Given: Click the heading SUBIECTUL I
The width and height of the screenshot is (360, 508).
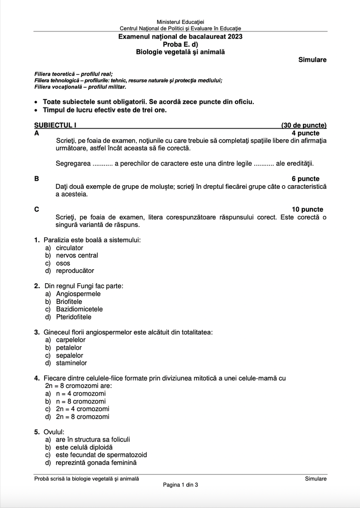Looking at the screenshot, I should (x=54, y=126).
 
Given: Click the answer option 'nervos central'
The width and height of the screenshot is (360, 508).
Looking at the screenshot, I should (x=77, y=255).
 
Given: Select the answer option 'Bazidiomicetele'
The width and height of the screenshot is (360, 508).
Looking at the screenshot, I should (x=79, y=309).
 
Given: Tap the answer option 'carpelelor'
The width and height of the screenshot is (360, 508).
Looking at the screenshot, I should (x=71, y=340).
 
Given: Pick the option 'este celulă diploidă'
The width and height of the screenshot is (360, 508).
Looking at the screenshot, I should (x=84, y=447).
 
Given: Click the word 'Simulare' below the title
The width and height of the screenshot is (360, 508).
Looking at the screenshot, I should (x=312, y=60).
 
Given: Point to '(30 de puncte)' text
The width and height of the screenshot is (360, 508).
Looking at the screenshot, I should (x=304, y=126).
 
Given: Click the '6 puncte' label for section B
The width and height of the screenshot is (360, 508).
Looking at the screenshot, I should (x=306, y=178).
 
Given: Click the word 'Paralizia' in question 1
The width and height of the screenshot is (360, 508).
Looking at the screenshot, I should (x=58, y=240).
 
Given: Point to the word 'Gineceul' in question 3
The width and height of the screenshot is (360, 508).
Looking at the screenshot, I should (x=58, y=332).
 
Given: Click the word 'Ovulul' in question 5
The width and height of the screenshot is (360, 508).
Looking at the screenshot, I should (x=54, y=432).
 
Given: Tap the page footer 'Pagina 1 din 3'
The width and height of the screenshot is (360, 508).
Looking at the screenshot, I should (x=180, y=485).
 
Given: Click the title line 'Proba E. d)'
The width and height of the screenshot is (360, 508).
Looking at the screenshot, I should (x=180, y=45).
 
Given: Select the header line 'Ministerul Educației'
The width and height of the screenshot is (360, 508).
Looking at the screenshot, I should (x=180, y=22).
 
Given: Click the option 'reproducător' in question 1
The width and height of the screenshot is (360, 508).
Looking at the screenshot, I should (x=75, y=271).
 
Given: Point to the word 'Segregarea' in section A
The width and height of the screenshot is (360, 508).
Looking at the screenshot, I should (x=73, y=163).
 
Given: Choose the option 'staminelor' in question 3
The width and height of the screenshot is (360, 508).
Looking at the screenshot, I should (x=72, y=363).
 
